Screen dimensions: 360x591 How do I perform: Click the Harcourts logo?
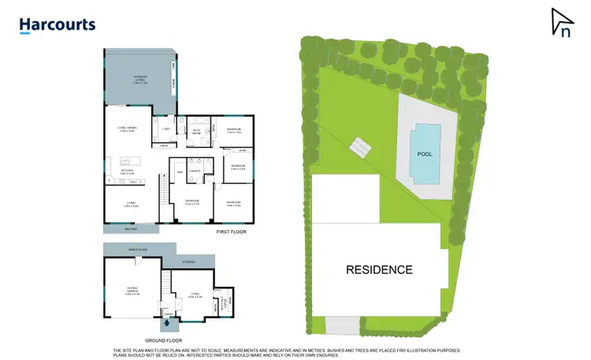[x=57, y=25]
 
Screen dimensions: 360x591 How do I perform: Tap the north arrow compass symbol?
[x=562, y=22]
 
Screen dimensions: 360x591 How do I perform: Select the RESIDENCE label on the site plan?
[x=379, y=269]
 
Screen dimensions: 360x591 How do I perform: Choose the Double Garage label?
[x=132, y=290]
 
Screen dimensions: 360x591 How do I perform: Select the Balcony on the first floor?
[x=131, y=228]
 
